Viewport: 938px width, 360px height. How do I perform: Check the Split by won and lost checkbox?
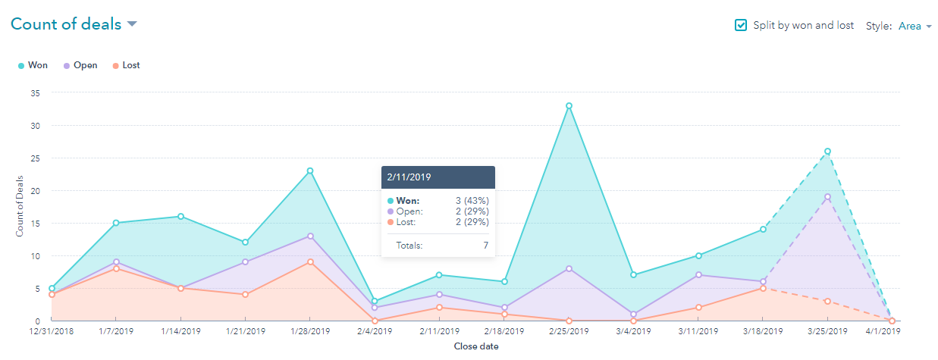(x=741, y=25)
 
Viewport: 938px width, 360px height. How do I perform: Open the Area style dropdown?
(x=914, y=26)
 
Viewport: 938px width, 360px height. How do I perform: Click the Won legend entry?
(x=33, y=65)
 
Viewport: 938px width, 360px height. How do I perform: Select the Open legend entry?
(x=81, y=65)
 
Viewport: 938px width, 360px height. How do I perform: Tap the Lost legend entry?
(x=126, y=65)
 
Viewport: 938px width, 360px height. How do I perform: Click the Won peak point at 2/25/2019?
(x=569, y=106)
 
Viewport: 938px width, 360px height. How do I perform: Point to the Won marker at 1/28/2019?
(x=310, y=171)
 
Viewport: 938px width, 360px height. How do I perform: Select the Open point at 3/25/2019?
(x=827, y=197)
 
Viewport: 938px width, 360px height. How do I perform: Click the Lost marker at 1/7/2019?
(x=116, y=268)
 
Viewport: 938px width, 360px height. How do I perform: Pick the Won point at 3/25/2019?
(x=827, y=152)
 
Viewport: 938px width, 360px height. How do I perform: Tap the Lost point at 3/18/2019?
(x=763, y=288)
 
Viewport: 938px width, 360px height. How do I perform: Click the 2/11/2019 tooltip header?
(x=438, y=177)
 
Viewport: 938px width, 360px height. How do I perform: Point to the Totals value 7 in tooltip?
(x=485, y=246)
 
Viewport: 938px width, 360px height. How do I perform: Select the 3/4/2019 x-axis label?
(x=633, y=332)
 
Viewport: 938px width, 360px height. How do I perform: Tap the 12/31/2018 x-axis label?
(x=52, y=332)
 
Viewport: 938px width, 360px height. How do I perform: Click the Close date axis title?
(x=475, y=346)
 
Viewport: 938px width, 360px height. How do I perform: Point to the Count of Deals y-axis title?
(x=20, y=205)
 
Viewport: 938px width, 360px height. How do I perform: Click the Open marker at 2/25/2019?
(x=569, y=268)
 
